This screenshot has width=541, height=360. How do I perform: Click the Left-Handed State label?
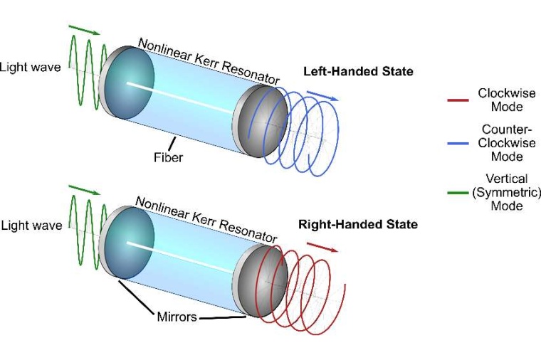358,72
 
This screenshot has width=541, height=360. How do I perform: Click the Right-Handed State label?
358,225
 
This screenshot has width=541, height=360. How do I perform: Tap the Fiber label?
168,157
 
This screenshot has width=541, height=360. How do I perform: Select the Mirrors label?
177,317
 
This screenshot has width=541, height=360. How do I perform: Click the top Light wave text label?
30,67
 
